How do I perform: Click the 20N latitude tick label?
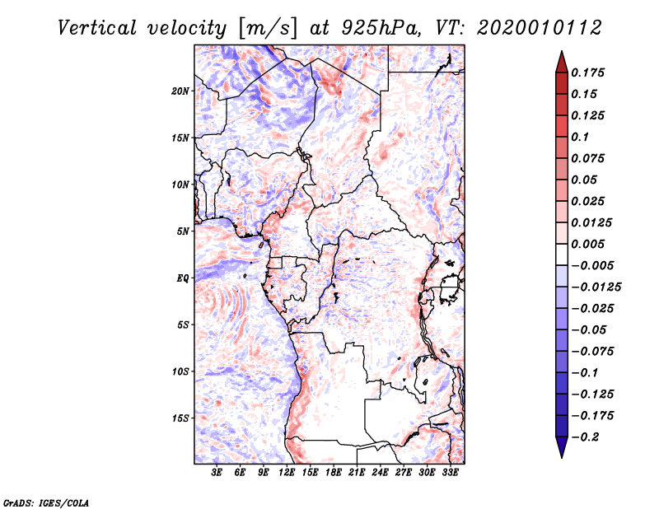180,91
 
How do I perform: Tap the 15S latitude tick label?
180,418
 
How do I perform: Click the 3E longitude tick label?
217,474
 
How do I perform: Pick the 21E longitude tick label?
357,474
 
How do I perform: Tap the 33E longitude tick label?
450,474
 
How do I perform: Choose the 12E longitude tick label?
287,474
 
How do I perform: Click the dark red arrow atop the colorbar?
561,61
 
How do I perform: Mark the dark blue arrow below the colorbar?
561,448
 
